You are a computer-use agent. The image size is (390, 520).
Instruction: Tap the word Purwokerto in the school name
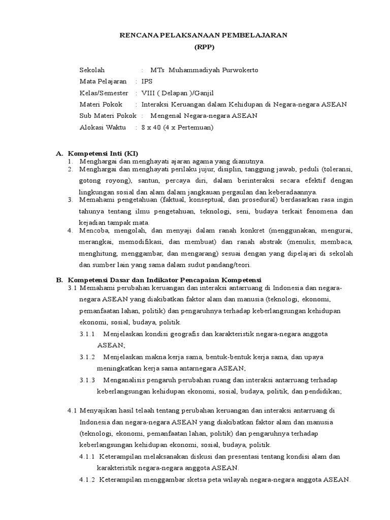(238, 70)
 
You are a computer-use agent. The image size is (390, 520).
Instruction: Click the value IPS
(147, 81)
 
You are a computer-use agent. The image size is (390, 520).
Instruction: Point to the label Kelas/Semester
(104, 93)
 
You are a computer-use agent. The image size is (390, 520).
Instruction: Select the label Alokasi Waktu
(102, 127)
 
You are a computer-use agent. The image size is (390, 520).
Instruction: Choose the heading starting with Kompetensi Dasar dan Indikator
(165, 280)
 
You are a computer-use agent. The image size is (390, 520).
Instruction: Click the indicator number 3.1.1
(87, 334)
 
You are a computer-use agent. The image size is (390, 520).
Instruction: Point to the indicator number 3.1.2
(87, 356)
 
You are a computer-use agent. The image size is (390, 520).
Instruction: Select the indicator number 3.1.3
(87, 380)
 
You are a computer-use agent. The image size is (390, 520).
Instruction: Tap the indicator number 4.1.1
(87, 457)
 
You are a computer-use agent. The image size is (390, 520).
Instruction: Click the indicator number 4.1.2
(87, 479)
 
